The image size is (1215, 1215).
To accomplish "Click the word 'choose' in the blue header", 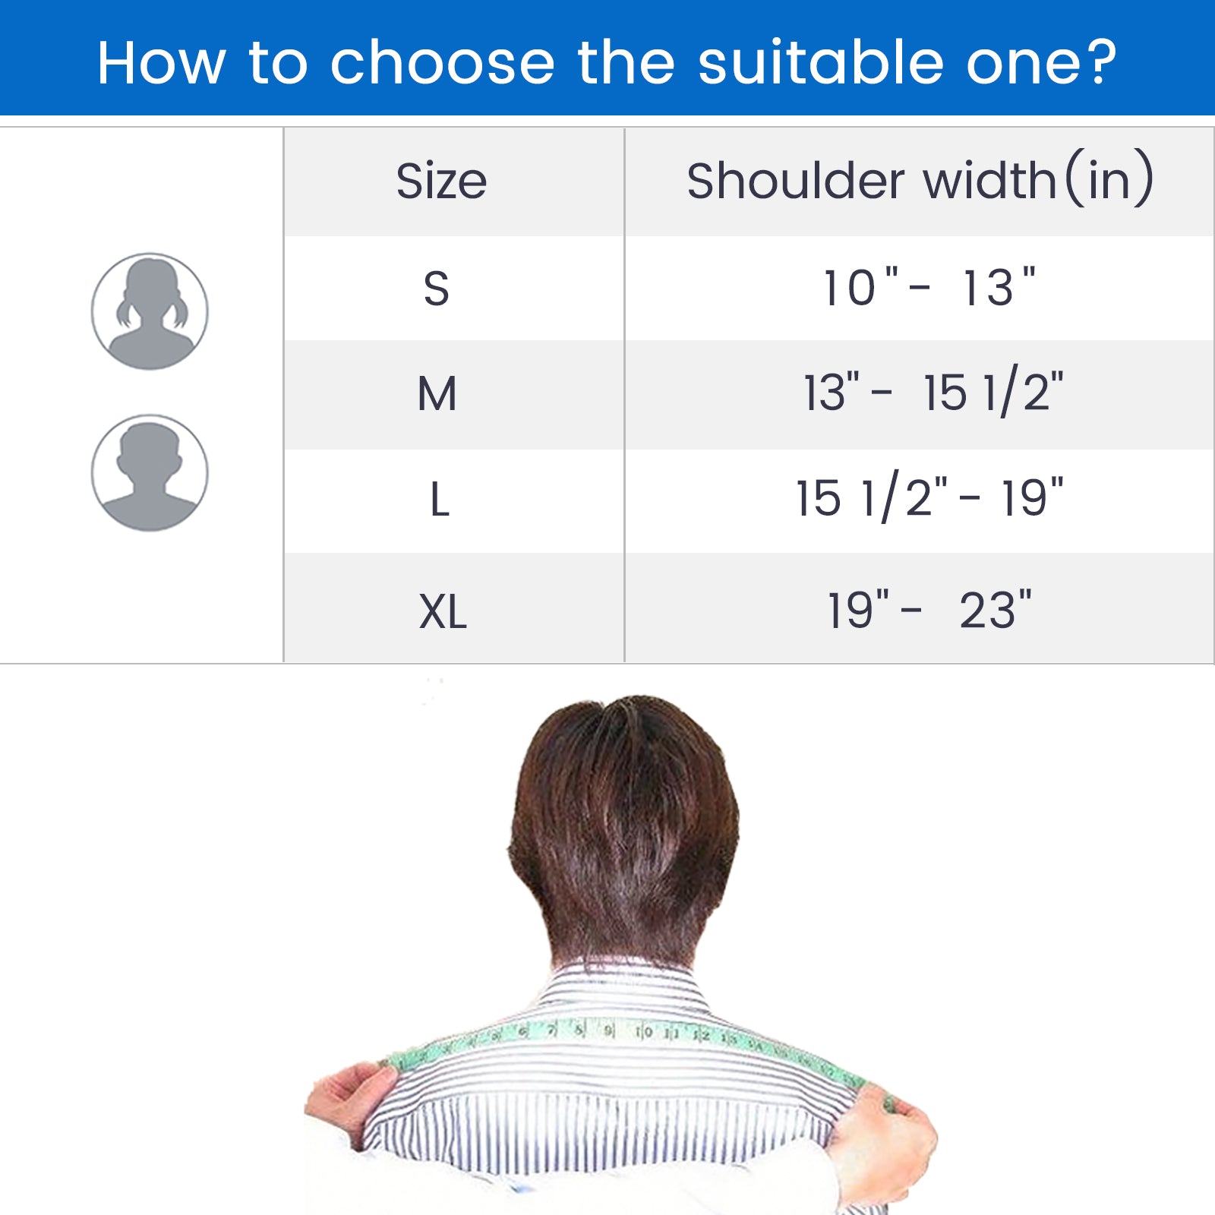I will [x=442, y=62].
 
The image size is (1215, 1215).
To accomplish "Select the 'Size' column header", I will [x=441, y=181].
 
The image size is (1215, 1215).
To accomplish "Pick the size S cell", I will [x=437, y=289].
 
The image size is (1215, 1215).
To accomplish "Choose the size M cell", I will [x=437, y=394].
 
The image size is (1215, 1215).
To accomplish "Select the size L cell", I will [x=440, y=500].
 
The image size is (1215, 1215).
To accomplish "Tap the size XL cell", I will [x=443, y=611].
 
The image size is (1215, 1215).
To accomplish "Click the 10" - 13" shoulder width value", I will [x=929, y=288].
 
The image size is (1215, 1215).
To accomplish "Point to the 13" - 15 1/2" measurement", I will [x=933, y=393].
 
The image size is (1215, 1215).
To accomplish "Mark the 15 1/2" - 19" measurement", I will [x=929, y=499].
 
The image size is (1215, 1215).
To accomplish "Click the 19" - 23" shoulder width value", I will [x=929, y=610].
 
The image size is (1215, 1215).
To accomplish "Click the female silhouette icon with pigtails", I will [x=150, y=311].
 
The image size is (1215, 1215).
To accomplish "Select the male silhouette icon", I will [x=150, y=472].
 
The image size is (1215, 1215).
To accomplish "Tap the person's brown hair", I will [x=623, y=820].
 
